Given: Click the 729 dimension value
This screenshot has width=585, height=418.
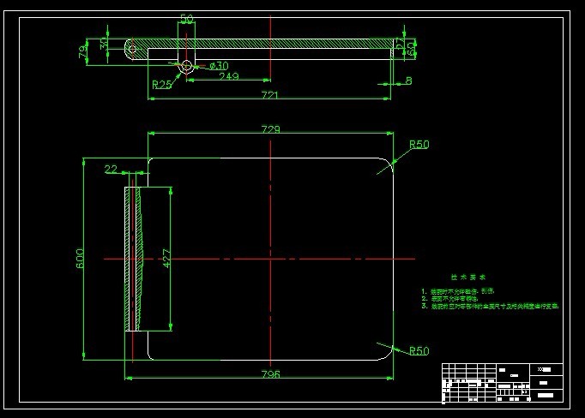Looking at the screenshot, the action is pyautogui.click(x=270, y=129).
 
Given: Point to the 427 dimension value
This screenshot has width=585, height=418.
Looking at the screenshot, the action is pyautogui.click(x=166, y=257).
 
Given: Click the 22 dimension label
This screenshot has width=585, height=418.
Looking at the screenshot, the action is pyautogui.click(x=111, y=169).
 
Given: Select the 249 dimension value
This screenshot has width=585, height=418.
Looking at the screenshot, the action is pyautogui.click(x=228, y=77).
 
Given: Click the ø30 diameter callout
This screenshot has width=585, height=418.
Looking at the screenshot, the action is pyautogui.click(x=218, y=65).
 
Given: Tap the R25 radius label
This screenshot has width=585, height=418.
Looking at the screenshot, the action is pyautogui.click(x=161, y=84).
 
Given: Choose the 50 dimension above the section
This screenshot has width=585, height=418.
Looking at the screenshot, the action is pyautogui.click(x=186, y=18).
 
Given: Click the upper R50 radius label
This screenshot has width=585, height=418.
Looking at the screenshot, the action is pyautogui.click(x=419, y=145).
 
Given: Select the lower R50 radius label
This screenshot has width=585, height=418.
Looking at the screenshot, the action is pyautogui.click(x=419, y=350).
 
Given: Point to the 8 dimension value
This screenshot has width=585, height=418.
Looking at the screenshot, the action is pyautogui.click(x=408, y=81).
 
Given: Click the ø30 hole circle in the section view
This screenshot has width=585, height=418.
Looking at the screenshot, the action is pyautogui.click(x=186, y=65).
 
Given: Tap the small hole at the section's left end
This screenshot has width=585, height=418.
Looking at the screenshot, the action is pyautogui.click(x=133, y=49).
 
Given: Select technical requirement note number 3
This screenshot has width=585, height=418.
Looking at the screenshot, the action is pyautogui.click(x=489, y=305).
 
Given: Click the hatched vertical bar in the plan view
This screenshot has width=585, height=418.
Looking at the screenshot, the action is pyautogui.click(x=133, y=257).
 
